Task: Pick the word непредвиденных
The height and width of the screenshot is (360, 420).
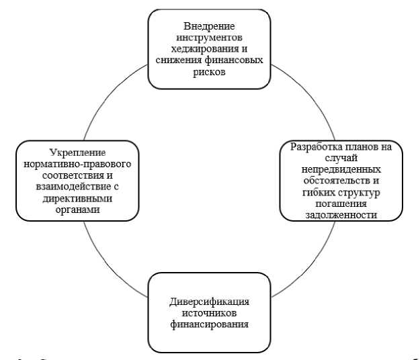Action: click(x=341, y=169)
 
